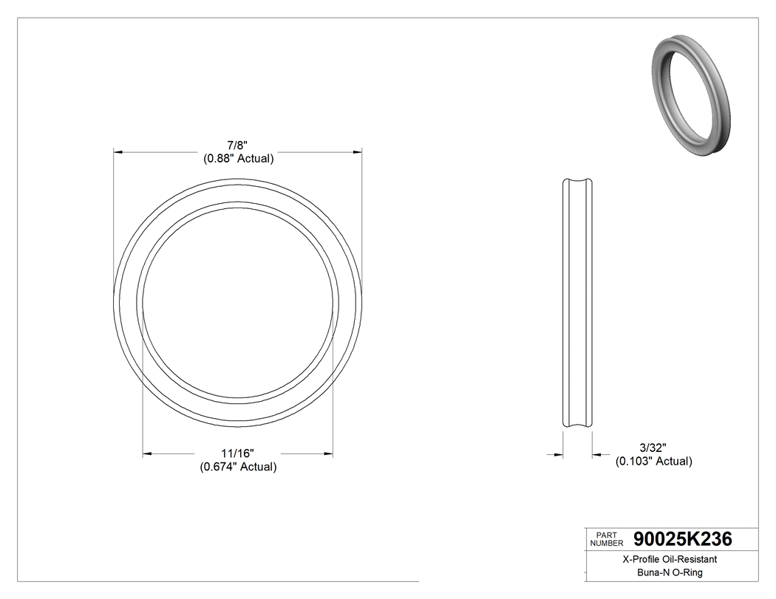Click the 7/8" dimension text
238,146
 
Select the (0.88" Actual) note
238,158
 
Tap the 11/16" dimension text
238,453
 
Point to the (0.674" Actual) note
238,466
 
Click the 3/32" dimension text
653,448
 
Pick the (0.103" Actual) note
653,461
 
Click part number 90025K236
683,538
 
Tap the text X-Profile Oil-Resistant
669,560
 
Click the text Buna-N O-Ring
670,572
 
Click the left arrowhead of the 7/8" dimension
118,152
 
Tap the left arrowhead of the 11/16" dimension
147,453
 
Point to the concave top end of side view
578,182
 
